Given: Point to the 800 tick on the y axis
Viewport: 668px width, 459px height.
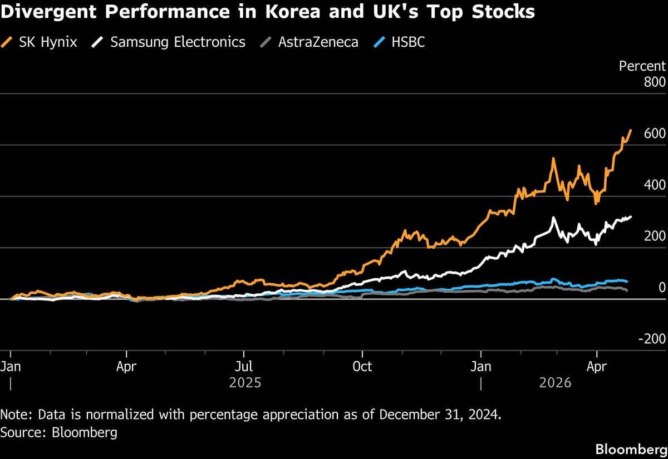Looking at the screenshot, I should tap(655, 82).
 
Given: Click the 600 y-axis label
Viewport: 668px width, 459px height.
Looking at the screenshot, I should tap(655, 134).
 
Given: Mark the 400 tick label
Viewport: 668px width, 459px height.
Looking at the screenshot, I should tap(655, 185).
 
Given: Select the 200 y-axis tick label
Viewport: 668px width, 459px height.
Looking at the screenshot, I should tap(655, 236).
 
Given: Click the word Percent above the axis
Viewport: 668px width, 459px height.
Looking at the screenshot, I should tap(642, 66).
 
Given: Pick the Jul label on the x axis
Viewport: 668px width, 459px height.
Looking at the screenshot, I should tap(244, 367).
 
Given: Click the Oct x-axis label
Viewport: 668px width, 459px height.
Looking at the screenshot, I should tap(362, 367).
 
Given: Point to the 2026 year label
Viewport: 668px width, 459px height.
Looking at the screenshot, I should tap(556, 383).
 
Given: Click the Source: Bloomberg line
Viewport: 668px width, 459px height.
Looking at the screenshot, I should tap(59, 432).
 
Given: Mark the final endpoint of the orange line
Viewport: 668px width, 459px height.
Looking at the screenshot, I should tap(631, 130).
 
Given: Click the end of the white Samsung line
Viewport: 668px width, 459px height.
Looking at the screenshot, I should tap(631, 217).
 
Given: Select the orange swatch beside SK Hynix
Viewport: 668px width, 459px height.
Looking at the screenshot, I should tap(8, 42).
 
